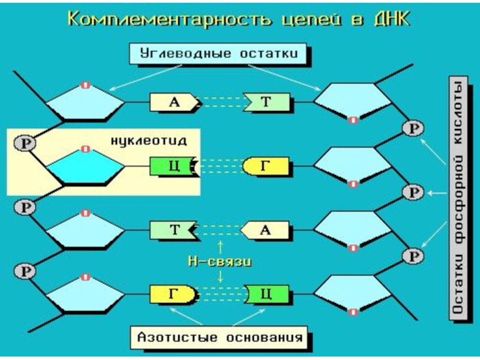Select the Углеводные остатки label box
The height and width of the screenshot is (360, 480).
click(219, 53)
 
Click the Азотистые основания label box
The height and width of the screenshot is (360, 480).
click(219, 337)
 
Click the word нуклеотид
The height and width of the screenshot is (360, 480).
click(149, 140)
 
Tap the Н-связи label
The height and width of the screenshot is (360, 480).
click(220, 262)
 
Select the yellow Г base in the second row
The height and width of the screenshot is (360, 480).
click(266, 166)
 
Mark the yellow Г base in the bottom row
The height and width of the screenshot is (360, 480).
click(173, 293)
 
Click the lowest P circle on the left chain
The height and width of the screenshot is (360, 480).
click(25, 270)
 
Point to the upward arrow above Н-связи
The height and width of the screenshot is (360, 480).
click(220, 246)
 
